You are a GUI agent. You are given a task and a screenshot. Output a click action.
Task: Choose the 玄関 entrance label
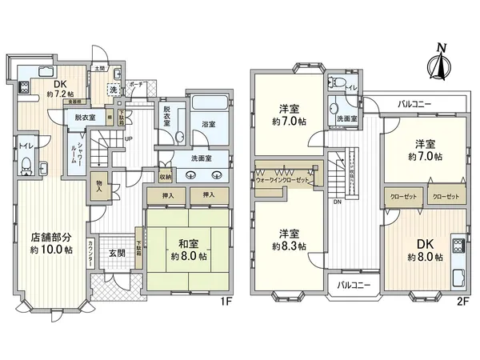point(118,254)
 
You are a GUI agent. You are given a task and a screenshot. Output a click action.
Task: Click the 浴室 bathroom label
point(209,125)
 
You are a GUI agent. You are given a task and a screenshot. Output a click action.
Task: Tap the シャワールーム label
point(73,149)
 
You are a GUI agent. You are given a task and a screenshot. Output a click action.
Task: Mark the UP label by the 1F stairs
point(129,138)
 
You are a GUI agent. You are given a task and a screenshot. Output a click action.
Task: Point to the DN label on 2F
point(338,202)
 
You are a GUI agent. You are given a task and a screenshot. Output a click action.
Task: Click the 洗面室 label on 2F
point(347,118)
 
